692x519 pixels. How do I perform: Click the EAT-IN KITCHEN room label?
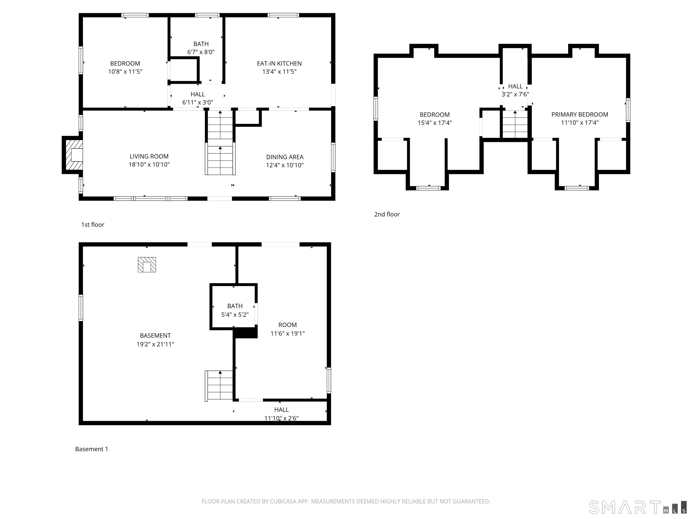279,64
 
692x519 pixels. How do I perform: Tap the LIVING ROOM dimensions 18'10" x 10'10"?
149,165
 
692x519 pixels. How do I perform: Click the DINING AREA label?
285,157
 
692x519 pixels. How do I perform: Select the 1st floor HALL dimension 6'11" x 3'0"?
198,102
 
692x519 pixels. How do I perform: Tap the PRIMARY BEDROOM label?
579,114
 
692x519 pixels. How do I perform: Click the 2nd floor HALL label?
515,86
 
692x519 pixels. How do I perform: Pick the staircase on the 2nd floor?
515,125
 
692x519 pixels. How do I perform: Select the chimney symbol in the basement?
147,265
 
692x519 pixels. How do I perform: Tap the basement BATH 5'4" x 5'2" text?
235,315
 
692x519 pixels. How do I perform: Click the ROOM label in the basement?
287,325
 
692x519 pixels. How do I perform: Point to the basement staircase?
220,385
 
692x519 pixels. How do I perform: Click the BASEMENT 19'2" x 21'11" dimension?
155,344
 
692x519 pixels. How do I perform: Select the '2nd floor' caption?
387,214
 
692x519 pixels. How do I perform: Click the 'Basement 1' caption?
91,449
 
